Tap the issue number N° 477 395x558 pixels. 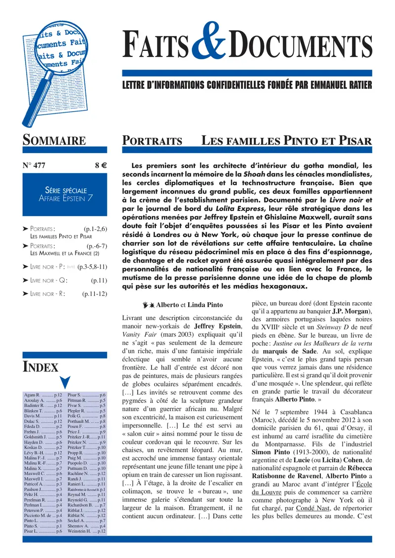pyautogui.click(x=34, y=165)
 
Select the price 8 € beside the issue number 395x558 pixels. pyautogui.click(x=101, y=165)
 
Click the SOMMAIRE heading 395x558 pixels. pyautogui.click(x=54, y=140)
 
